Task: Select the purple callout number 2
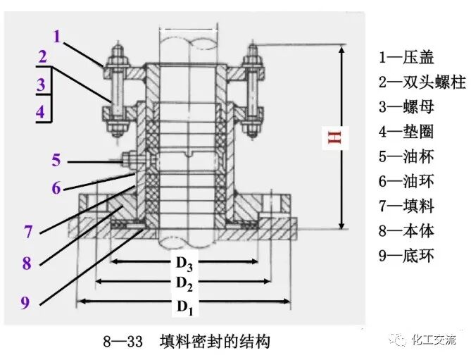pyautogui.click(x=43, y=57)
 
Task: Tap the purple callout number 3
pyautogui.click(x=42, y=85)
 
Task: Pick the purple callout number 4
pyautogui.click(x=41, y=111)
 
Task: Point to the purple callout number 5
pyautogui.click(x=56, y=161)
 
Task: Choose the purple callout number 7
pyautogui.click(x=28, y=232)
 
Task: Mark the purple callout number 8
pyautogui.click(x=27, y=264)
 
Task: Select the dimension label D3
pyautogui.click(x=184, y=263)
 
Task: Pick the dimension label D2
pyautogui.click(x=184, y=284)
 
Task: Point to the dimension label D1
pyautogui.click(x=185, y=306)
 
